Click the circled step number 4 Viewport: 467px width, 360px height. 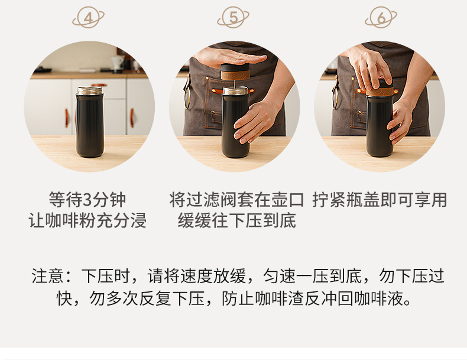(88, 18)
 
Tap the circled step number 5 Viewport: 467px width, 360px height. (233, 18)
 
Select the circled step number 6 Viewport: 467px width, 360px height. (381, 18)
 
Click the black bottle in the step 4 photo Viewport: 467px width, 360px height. (90, 122)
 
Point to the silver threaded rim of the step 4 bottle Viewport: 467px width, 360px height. (90, 90)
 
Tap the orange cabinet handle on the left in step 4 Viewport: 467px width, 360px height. (67, 118)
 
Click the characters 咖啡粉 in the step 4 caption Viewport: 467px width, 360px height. (70, 220)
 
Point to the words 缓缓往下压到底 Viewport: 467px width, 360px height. (237, 220)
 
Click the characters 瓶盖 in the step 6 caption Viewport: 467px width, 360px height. (362, 199)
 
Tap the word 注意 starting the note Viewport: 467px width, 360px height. (47, 276)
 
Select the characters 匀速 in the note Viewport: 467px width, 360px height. (280, 276)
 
